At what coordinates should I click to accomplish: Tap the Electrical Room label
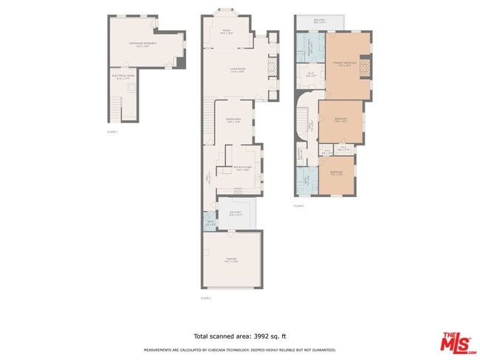[x=123, y=75]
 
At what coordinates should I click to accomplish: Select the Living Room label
[x=237, y=70]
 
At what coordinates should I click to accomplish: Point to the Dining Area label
[x=234, y=120]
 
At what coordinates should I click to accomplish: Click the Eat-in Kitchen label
[x=243, y=169]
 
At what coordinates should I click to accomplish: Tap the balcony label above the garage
[x=236, y=214]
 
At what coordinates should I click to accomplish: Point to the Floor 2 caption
[x=206, y=297]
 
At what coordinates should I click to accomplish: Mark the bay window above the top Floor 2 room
[x=227, y=11]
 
